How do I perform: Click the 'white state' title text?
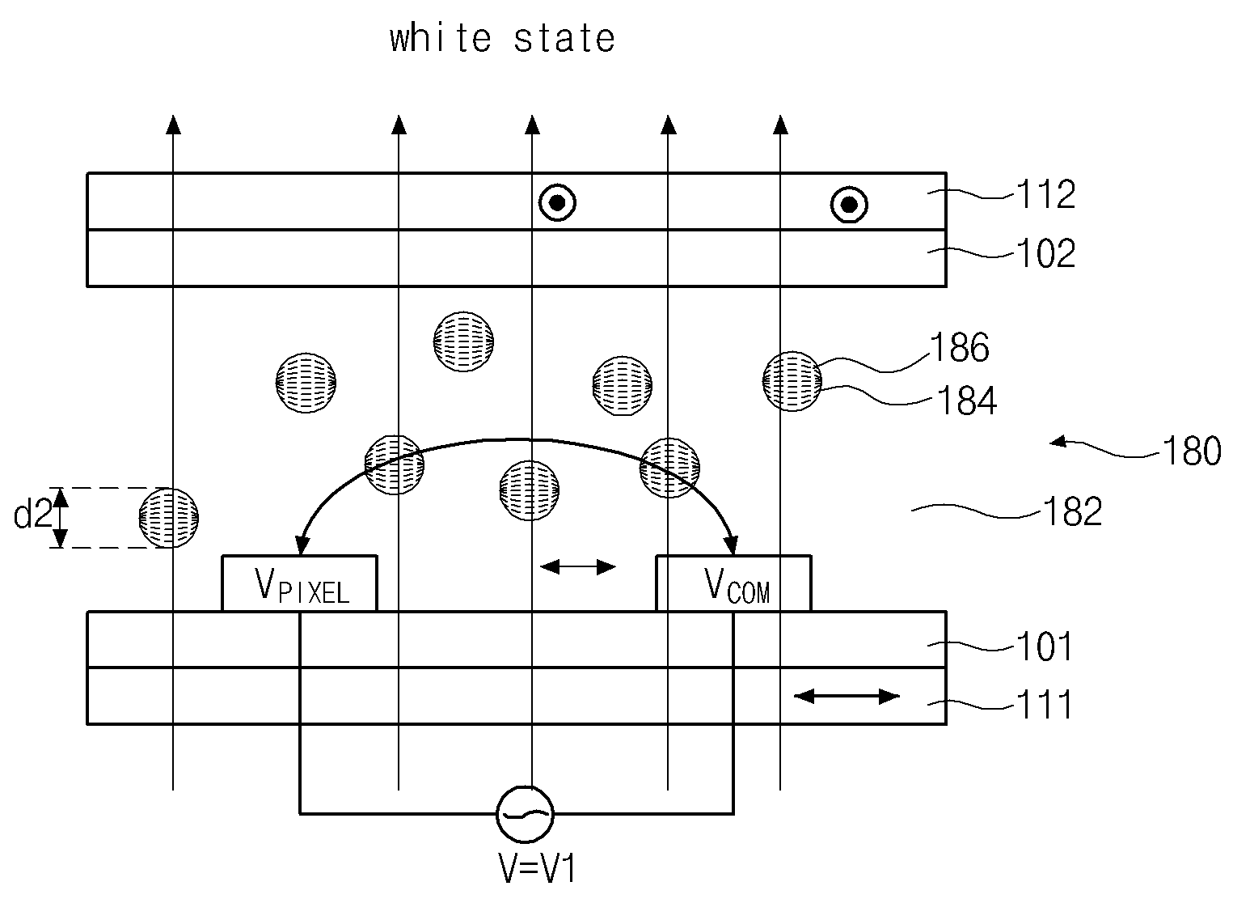502,39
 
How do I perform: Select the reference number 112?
1045,194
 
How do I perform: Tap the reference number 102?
1045,253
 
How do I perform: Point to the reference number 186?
960,348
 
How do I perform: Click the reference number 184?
966,401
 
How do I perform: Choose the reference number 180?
1192,451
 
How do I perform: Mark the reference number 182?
1072,512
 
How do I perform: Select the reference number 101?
1044,647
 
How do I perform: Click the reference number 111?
1044,705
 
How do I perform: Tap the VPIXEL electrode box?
299,583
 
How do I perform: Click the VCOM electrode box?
734,583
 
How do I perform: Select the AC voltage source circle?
525,814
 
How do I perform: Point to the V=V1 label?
537,869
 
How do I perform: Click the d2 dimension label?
32,515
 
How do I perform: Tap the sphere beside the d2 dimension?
168,518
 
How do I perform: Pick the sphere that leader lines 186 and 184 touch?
792,381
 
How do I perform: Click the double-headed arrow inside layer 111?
847,697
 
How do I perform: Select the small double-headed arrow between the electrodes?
578,567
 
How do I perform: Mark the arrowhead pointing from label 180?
1058,441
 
